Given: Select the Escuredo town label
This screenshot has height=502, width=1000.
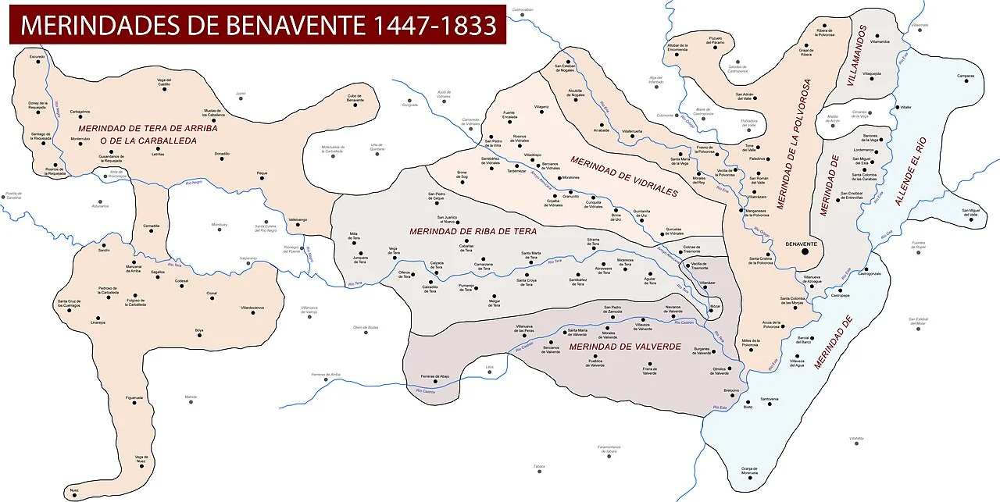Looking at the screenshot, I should click(37, 57).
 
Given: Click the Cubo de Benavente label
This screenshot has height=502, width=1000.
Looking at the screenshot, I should click(355, 98).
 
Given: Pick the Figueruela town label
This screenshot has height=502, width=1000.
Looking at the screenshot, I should click(134, 398).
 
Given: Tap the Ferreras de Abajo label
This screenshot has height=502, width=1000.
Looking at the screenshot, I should click(434, 376).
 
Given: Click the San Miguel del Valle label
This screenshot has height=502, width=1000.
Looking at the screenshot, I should click(969, 212).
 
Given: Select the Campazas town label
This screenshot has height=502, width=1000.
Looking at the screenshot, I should click(966, 76).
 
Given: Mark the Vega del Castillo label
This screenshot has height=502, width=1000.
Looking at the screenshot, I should click(164, 81).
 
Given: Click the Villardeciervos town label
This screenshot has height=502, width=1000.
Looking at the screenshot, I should click(252, 308).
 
